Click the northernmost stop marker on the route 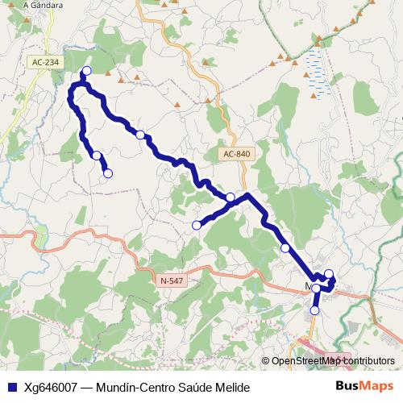(87, 71)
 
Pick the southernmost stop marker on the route (314, 310)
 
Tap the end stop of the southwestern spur (108, 172)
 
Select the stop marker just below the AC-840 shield (231, 197)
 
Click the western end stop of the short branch (196, 225)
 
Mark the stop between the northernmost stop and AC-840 (140, 134)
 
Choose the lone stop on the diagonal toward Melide (285, 247)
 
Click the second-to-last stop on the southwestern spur (96, 155)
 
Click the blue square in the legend (11, 388)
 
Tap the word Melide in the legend (232, 388)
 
